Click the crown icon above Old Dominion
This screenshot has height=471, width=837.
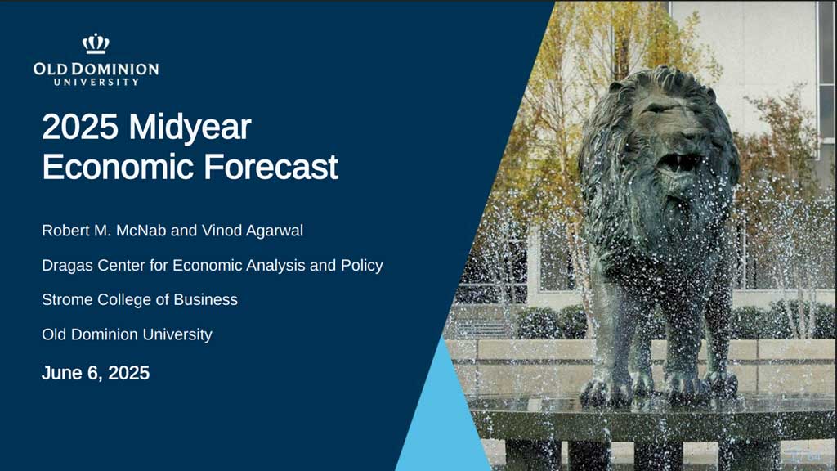click(96, 43)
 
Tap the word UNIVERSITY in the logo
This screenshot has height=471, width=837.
click(96, 83)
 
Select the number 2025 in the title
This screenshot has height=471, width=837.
click(80, 127)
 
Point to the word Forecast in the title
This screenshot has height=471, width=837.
click(271, 167)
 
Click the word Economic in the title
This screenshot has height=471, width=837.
click(118, 167)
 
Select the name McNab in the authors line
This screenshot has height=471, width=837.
click(141, 230)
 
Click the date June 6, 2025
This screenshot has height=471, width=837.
click(96, 373)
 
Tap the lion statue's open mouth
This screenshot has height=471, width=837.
click(679, 163)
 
